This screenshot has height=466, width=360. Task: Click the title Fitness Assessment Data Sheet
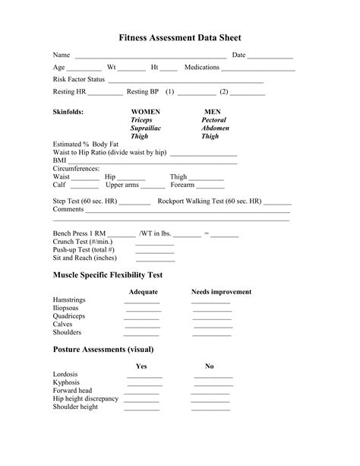point(180,37)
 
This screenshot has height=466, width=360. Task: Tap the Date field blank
point(270,57)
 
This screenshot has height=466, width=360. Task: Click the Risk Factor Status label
point(79,79)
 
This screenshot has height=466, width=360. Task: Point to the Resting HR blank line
point(106,94)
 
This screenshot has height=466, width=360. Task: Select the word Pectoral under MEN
point(213,120)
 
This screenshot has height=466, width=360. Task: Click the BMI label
point(59,160)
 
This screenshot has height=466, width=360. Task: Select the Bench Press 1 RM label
point(78,233)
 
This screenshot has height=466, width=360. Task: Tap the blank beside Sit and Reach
point(155,260)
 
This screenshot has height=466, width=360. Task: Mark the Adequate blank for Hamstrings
point(142,302)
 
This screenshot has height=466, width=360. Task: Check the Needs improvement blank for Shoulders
point(211,334)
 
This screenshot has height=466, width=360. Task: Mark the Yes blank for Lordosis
point(144,376)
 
